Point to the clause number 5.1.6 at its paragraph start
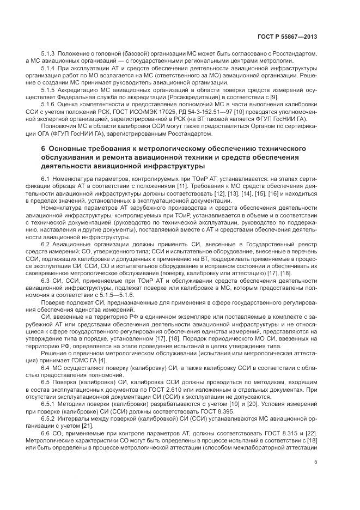(48, 103)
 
